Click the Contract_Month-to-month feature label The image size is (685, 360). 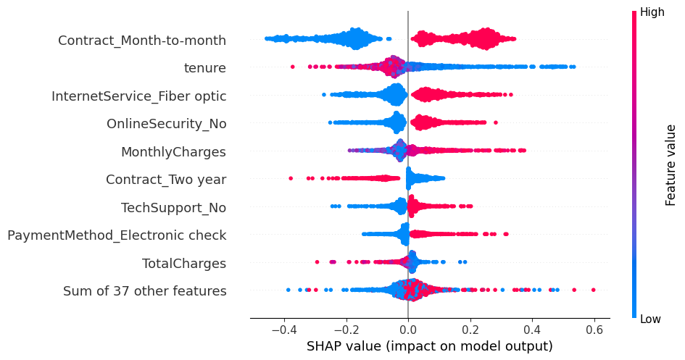[x=142, y=41]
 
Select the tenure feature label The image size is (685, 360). [x=205, y=68]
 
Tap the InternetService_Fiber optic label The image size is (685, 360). [x=138, y=96]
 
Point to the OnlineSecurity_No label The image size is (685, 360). [x=166, y=124]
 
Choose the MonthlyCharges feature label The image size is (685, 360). [x=173, y=152]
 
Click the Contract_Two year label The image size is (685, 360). [x=166, y=180]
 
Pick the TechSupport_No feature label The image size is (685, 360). [x=173, y=208]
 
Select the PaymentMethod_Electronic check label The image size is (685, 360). [x=117, y=235]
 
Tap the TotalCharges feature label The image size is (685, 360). [x=184, y=264]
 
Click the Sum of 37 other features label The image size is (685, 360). [x=144, y=291]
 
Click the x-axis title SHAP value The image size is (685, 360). [x=430, y=346]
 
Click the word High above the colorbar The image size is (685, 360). [x=652, y=12]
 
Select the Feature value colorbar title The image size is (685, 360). [x=671, y=164]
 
